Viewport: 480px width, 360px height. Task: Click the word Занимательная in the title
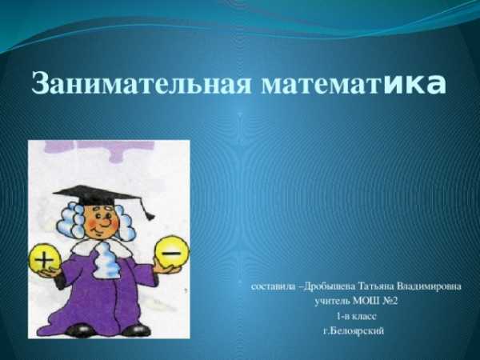141,83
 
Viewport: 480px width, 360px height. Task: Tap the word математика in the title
354,84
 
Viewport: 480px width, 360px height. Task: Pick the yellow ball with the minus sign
172,252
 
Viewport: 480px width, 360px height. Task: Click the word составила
273,286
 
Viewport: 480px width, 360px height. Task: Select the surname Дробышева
330,286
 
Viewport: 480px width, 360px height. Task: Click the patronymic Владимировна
429,286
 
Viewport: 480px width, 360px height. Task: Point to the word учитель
333,302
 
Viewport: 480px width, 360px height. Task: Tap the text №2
390,302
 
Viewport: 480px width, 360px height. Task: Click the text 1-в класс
356,316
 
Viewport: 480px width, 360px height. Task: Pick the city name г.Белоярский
354,330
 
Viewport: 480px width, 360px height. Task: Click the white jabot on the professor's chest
107,260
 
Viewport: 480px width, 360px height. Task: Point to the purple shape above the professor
98,150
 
